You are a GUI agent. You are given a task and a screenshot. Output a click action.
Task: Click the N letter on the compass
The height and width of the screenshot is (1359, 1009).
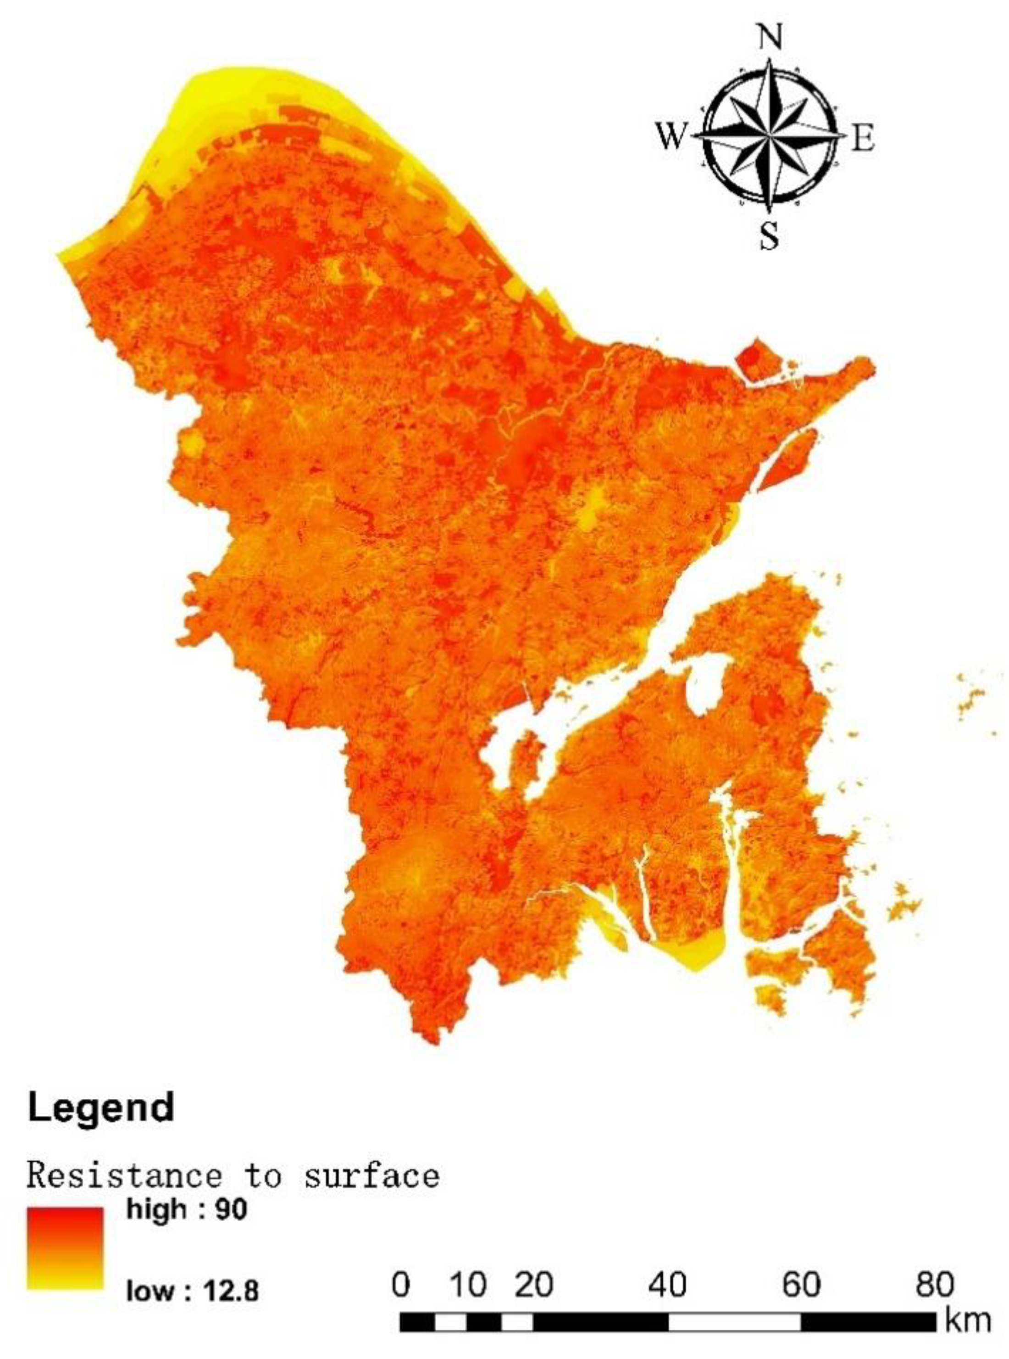point(770,39)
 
